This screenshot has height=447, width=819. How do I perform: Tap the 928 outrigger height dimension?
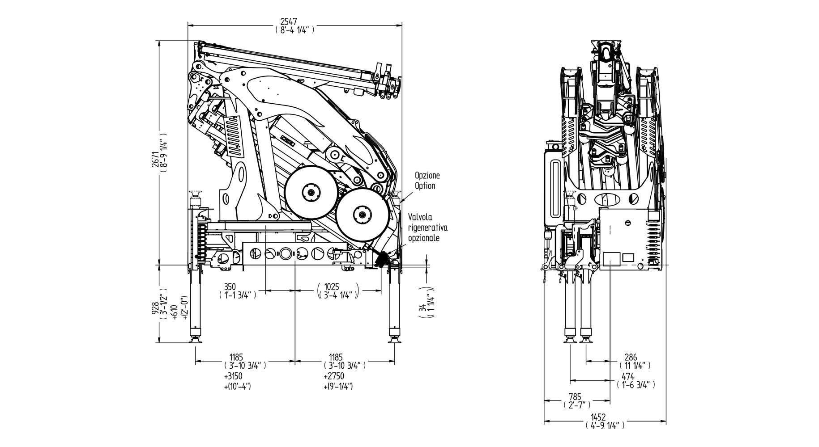coord(155,309)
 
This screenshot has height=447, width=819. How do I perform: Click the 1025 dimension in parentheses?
coord(332,287)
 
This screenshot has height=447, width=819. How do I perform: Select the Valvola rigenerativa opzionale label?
coord(427,228)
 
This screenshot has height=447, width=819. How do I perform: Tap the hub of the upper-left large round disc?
coord(311,192)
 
